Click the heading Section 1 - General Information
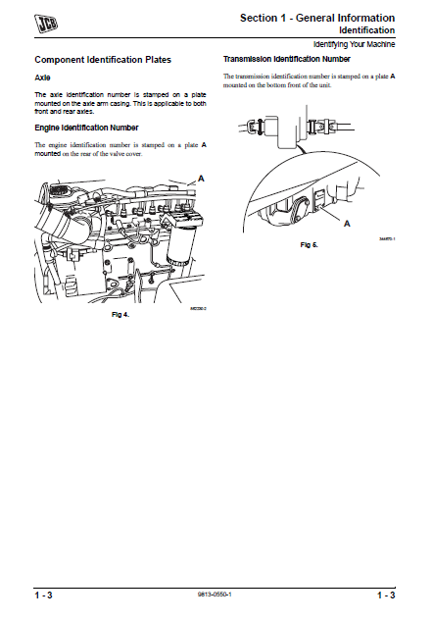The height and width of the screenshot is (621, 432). pos(317,18)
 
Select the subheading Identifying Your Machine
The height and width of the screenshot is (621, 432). pos(355,46)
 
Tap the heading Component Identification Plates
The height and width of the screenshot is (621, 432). pos(103,61)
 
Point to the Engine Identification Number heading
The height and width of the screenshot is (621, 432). pos(86,128)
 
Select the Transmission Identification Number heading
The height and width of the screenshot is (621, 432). pos(287,60)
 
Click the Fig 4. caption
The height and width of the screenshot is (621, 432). pos(120,315)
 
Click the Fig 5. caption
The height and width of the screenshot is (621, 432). pos(310,243)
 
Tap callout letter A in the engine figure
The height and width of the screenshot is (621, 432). pos(201,178)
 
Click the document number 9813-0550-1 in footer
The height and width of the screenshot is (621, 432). pos(216,595)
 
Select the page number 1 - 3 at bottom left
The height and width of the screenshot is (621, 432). pos(44,595)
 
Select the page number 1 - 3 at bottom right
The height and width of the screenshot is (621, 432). pos(386,595)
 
